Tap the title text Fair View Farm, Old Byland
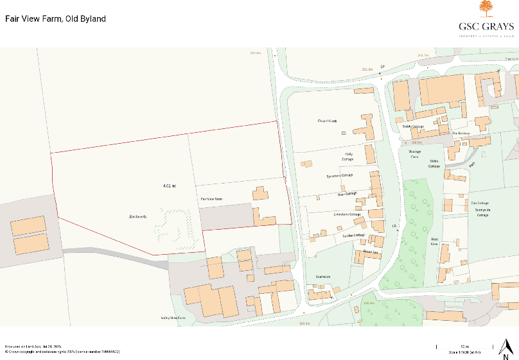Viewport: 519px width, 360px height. (x=55, y=19)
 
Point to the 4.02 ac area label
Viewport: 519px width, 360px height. (x=170, y=186)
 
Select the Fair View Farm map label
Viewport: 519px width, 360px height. (x=211, y=200)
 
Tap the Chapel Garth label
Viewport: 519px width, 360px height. (x=327, y=121)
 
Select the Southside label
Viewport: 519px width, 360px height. (x=322, y=277)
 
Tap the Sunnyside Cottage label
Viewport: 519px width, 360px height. (x=482, y=212)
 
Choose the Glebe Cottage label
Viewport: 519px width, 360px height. (x=435, y=164)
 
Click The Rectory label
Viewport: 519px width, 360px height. (x=461, y=133)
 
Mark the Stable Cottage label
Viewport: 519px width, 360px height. (x=413, y=126)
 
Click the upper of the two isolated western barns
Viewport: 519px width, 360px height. (x=28, y=225)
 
